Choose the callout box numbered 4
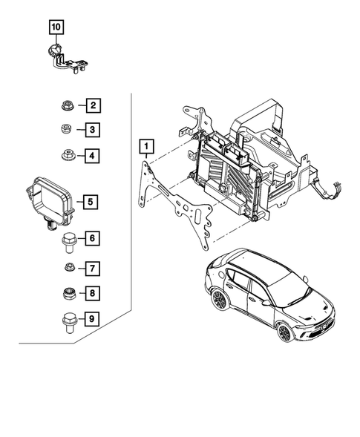(x=92, y=156)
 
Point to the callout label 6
(x=92, y=239)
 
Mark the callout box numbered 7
(x=92, y=267)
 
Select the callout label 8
(x=92, y=294)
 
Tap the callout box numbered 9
(x=92, y=321)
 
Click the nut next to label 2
(x=66, y=106)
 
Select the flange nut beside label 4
(x=66, y=156)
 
